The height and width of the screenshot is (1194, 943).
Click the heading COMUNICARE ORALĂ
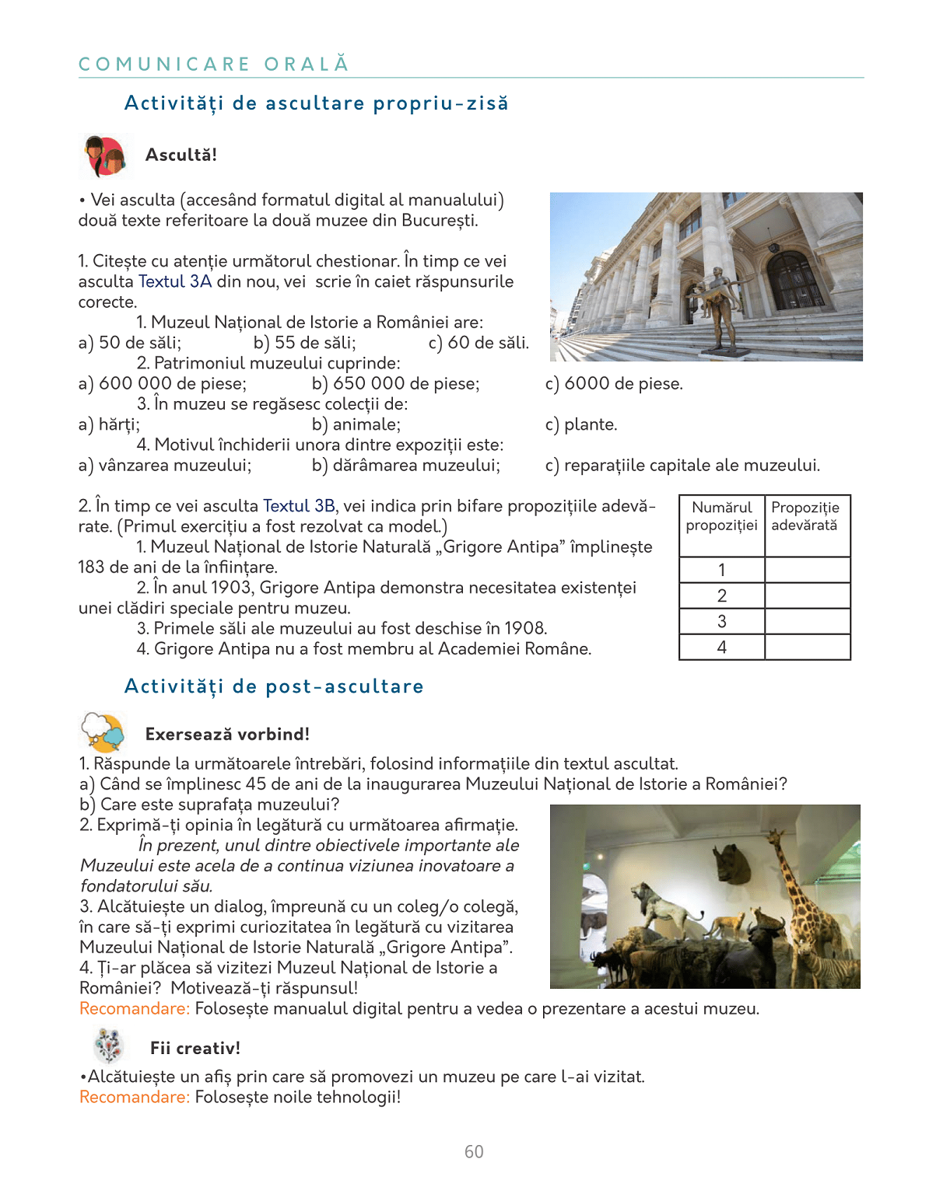pos(214,64)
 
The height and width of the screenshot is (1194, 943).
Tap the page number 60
pos(474,1152)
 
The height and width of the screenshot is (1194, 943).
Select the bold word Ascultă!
pos(181,155)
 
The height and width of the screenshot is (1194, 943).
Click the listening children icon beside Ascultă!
pos(105,156)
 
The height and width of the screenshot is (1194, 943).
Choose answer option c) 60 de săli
pos(479,343)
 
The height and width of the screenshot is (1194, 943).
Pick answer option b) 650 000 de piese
pos(395,383)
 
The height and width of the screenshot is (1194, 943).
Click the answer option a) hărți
pos(109,424)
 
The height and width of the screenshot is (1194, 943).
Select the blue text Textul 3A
pos(175,281)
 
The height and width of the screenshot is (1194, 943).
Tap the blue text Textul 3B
pos(299,506)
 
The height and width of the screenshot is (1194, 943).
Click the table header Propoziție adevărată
pos(805,517)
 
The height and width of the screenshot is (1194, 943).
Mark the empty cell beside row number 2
pos(807,596)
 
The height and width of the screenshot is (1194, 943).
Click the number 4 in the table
pos(722,648)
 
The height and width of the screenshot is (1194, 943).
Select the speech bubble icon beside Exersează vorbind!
pos(103,732)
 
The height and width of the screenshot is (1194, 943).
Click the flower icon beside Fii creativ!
pos(109,1046)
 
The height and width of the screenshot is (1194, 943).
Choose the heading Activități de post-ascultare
pos(274,686)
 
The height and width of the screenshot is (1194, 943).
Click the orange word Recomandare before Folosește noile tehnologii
pos(134,1097)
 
